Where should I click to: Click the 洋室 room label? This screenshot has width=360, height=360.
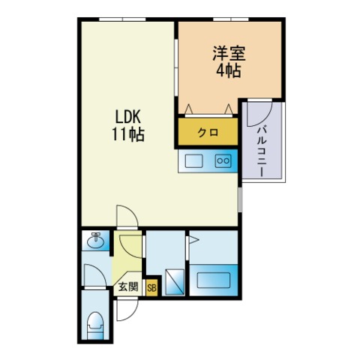pos(229,53)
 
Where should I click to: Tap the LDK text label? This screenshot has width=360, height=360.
pos(128,116)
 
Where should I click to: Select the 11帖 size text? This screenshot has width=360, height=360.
pos(128,134)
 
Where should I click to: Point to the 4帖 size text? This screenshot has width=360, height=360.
pos(229,70)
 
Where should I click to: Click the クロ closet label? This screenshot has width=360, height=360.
pos(208,132)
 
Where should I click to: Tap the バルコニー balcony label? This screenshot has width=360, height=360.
pos(262,151)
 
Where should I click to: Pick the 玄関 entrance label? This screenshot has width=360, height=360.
pos(128,286)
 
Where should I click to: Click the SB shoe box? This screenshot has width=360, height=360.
pos(151,288)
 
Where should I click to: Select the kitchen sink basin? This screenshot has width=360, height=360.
pos(193,161)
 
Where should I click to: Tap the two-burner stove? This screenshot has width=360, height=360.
pos(223,160)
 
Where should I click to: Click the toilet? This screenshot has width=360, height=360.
pos(95,325)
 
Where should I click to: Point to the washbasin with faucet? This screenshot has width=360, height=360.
pos(95,240)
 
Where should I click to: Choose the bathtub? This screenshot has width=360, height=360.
pos(213,280)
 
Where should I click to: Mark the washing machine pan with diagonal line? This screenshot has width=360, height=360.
pos(175,282)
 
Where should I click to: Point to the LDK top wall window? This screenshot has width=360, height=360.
pos(122,19)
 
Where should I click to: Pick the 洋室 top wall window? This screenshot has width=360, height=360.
pos(231,19)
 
